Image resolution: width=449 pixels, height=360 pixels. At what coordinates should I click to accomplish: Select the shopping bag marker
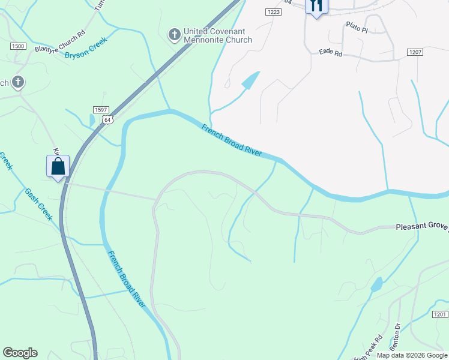coord(58,166)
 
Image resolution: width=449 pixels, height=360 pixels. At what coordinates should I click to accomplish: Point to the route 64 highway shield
coord(107,119)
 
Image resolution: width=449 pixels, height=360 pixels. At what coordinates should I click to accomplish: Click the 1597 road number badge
coord(101,109)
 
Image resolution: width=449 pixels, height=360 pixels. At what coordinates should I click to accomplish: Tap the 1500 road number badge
coord(18,46)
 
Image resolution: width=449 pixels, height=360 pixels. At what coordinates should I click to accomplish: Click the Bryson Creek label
coord(85,49)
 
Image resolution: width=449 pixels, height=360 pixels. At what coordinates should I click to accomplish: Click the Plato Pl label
coord(357,25)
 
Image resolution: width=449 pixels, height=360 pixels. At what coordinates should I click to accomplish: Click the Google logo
coord(20,353)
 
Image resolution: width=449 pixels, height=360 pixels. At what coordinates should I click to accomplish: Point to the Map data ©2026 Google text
coord(412,355)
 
